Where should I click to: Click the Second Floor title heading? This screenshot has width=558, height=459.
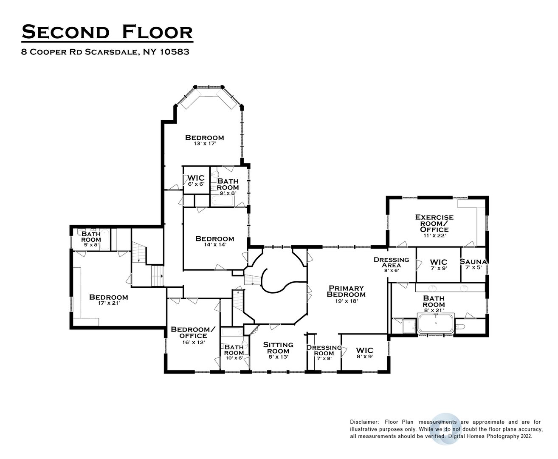click(x=107, y=32)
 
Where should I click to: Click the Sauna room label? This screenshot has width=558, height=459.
click(x=473, y=262)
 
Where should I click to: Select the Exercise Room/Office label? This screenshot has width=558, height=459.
click(x=434, y=223)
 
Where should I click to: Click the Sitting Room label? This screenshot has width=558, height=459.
click(x=278, y=348)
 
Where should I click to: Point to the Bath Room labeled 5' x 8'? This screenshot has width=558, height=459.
click(x=91, y=237)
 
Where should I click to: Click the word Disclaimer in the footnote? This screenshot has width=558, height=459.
click(x=364, y=422)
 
